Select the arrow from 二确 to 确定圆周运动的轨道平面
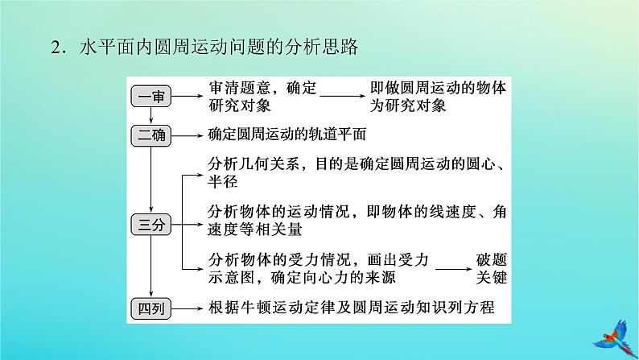point(188,135)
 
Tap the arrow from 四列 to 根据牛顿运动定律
point(188,306)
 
